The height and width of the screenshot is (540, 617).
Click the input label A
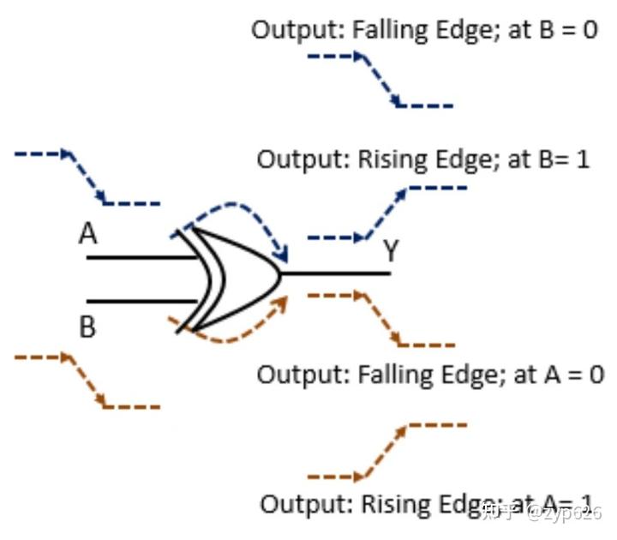[x=87, y=234]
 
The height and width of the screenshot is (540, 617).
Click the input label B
[x=87, y=327]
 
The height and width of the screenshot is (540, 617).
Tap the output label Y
[x=391, y=251]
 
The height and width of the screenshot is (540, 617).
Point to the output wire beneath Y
[x=338, y=274]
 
